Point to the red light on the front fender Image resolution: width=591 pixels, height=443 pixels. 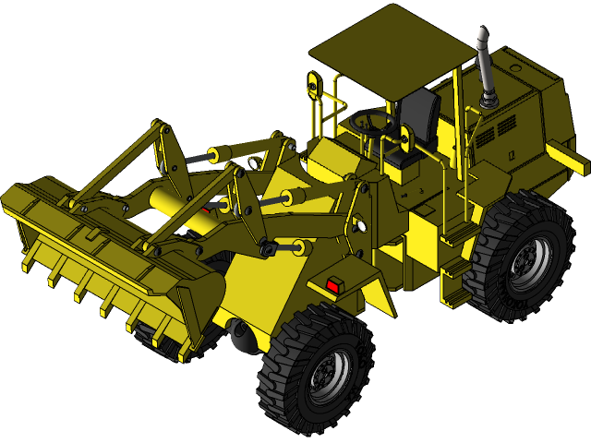pos(332,286)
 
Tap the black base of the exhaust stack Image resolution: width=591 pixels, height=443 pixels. pos(487,96)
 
